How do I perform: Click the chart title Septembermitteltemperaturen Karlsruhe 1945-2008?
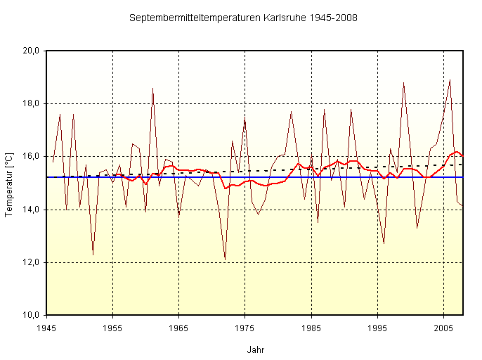pos(243,18)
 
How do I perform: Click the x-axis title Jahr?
pos(256,349)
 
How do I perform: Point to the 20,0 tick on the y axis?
pos(31,51)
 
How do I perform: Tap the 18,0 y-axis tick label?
pos(31,103)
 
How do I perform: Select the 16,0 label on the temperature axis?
pos(31,156)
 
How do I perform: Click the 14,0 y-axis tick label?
pos(31,210)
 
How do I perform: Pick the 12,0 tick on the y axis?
pos(31,262)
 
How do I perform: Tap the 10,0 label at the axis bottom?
pos(31,315)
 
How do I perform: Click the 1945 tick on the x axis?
pos(46,328)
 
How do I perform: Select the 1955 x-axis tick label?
pos(112,328)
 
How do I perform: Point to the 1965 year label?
pos(178,328)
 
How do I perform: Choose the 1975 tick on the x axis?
pos(245,328)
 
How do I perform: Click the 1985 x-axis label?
pos(311,328)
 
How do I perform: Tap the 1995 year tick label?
pos(377,328)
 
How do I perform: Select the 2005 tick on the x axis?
pos(443,328)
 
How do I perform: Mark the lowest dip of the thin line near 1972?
pos(225,259)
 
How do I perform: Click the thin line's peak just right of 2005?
pos(450,80)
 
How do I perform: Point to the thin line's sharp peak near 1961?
pos(152,88)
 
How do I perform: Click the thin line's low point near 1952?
pos(93,255)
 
